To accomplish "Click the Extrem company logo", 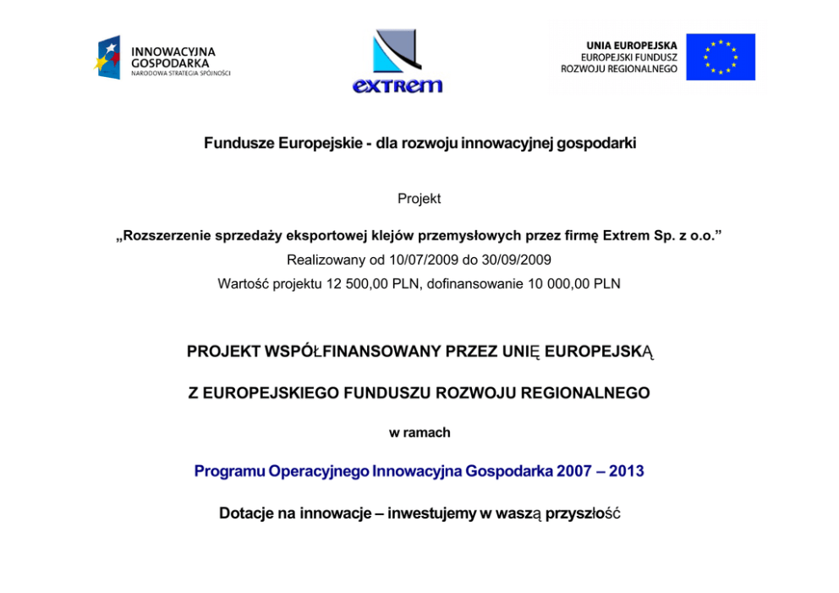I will coord(397,61).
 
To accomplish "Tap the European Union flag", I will coord(720,57).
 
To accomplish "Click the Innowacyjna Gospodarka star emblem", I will coord(107,58).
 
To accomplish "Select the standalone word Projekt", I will coord(419,199).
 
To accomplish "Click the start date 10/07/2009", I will coord(396,260).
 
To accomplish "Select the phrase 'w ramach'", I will coord(419,432).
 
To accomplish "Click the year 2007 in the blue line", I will coord(574,471).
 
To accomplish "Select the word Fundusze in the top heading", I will coord(239,143).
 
